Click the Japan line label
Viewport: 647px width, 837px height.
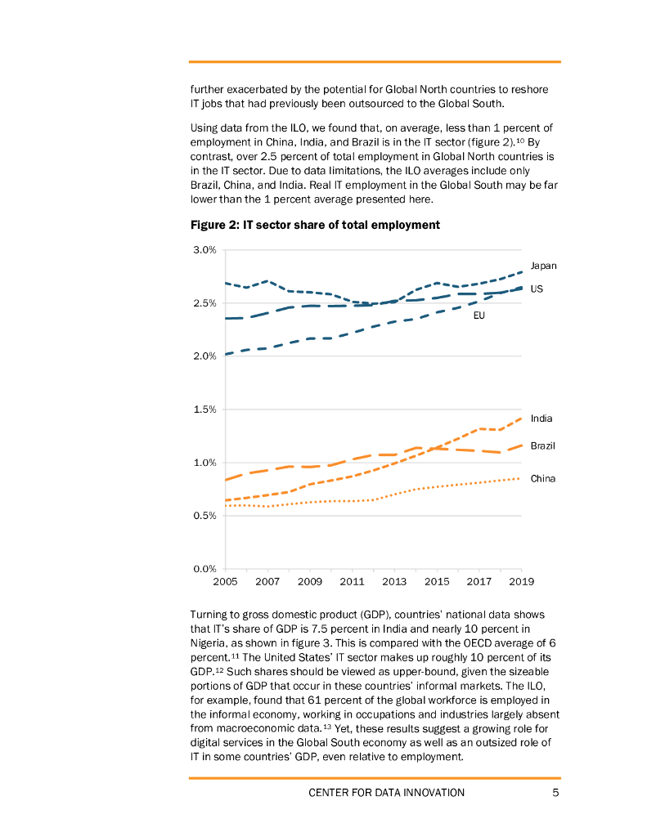(x=543, y=266)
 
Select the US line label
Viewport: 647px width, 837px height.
(x=537, y=289)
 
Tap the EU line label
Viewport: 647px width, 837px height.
(x=479, y=316)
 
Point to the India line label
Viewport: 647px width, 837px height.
(x=541, y=418)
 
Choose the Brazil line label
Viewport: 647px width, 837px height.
(x=543, y=445)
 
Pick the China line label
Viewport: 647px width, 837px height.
(x=543, y=478)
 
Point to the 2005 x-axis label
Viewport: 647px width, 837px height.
(x=225, y=582)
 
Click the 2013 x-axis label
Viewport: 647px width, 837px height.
(x=394, y=582)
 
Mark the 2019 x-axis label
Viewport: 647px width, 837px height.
(x=522, y=582)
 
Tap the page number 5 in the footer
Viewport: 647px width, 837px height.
(x=555, y=792)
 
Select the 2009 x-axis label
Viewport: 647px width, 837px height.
(x=310, y=582)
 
